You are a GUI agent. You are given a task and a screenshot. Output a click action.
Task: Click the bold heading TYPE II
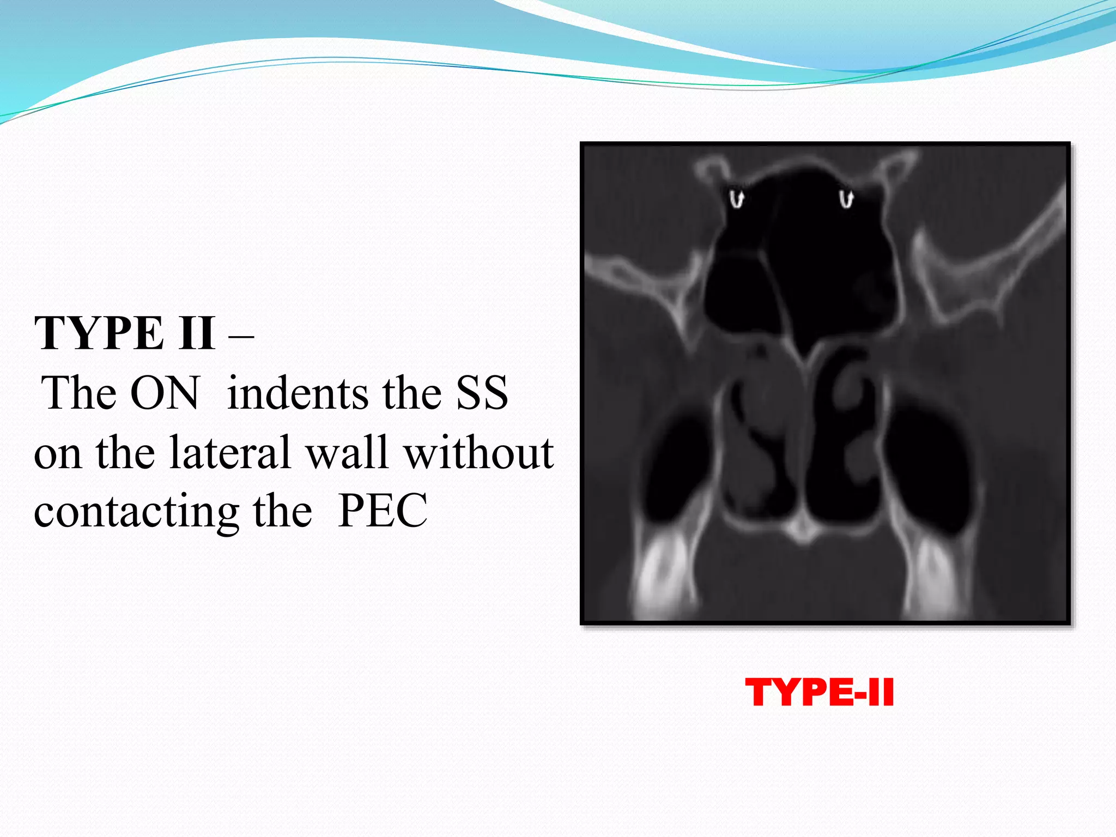pyautogui.click(x=124, y=333)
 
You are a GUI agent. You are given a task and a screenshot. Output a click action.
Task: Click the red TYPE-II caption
pyautogui.click(x=819, y=693)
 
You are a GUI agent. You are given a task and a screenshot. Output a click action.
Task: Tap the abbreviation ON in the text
pyautogui.click(x=165, y=393)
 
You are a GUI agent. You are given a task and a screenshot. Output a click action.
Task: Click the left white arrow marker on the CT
pyautogui.click(x=736, y=198)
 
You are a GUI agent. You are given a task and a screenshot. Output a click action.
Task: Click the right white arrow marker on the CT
pyautogui.click(x=846, y=198)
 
